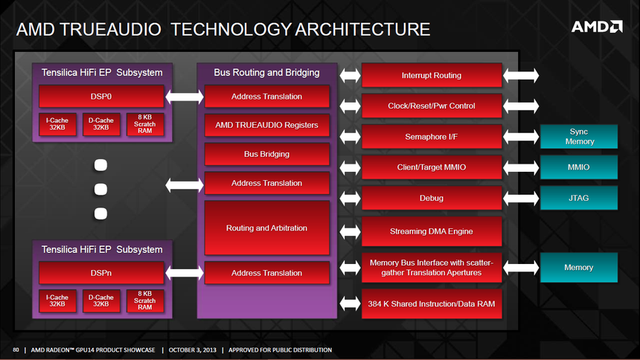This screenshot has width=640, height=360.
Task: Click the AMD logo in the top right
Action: [x=596, y=27]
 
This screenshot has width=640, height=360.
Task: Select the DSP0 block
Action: [x=101, y=97]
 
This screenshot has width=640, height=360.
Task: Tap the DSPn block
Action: [x=101, y=273]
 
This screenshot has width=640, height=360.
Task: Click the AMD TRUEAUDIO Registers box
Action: [x=266, y=125]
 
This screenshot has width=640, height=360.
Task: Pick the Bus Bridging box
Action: [x=266, y=154]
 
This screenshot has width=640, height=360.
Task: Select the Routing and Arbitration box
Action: [x=266, y=228]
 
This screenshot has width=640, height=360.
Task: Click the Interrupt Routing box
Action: [x=431, y=75]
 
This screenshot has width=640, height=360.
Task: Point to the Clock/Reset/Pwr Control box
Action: [x=431, y=106]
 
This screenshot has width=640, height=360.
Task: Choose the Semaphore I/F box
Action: [x=431, y=136]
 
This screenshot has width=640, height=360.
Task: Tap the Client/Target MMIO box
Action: [x=431, y=167]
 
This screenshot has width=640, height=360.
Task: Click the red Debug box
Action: [x=431, y=198]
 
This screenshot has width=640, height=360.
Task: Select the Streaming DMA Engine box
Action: [x=431, y=231]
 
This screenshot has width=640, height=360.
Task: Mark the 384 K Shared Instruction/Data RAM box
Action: [x=431, y=303]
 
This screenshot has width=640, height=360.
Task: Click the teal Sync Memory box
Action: [x=579, y=136]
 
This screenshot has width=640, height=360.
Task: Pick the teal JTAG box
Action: [x=579, y=198]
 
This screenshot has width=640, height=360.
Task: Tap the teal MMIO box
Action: [x=579, y=167]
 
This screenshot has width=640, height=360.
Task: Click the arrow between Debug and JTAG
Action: [x=521, y=198]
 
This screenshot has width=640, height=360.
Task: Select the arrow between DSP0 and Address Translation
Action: [x=184, y=97]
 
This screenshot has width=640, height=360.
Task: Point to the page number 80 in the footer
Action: [x=16, y=350]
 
